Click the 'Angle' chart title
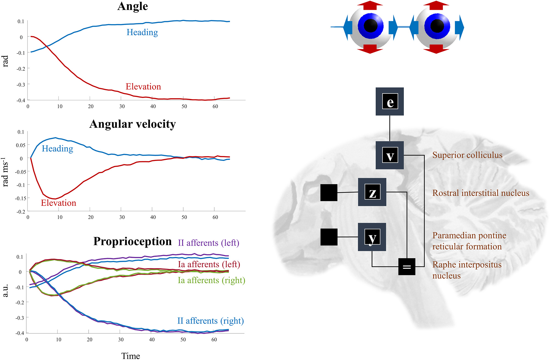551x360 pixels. (x=133, y=6)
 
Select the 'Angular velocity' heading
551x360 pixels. (x=133, y=124)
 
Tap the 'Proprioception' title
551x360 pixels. (x=133, y=241)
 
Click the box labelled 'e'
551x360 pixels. (x=390, y=101)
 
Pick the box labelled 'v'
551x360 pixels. (x=390, y=155)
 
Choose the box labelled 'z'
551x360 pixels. (x=372, y=192)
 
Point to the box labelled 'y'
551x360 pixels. (x=372, y=237)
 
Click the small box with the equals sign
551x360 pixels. (x=407, y=267)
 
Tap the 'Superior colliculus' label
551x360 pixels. (x=467, y=155)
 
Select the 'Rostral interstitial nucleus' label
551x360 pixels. (x=481, y=193)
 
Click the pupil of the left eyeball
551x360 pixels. (x=371, y=26)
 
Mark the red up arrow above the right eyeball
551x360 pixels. (x=436, y=5)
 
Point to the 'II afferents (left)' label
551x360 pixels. (x=209, y=243)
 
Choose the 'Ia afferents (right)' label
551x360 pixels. (x=211, y=280)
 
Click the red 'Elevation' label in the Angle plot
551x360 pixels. (x=143, y=87)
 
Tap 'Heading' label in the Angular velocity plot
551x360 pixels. (x=57, y=149)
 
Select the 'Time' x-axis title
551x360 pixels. (x=131, y=356)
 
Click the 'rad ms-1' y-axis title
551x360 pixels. (x=5, y=172)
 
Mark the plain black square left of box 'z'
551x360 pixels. (x=329, y=192)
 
